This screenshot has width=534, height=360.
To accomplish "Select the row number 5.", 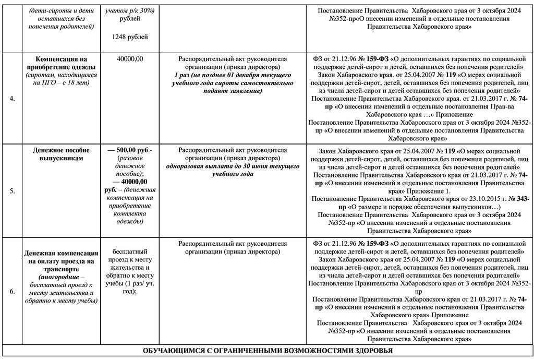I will [11, 191].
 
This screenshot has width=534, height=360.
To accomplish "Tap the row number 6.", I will [11, 291].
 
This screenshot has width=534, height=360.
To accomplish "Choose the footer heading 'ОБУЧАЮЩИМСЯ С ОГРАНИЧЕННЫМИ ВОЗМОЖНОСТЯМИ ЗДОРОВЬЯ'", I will [268, 351].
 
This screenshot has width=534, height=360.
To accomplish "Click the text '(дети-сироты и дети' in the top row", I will [63, 11].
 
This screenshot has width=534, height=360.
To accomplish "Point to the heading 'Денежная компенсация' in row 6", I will [61, 254].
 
